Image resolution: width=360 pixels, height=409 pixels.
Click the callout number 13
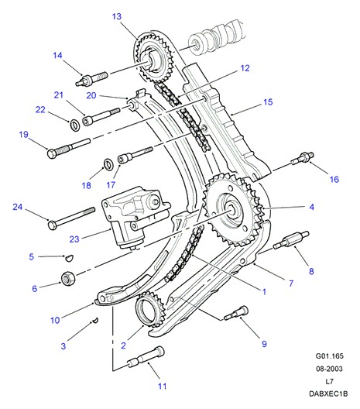[117, 16]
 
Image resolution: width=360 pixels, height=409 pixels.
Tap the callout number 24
[18, 207]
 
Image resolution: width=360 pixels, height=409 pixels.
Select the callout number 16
[334, 180]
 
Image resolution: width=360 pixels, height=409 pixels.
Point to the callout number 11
[162, 386]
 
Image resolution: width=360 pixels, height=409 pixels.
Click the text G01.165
[330, 356]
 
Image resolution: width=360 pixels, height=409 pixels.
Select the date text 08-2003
[329, 369]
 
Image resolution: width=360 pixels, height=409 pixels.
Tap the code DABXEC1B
[328, 394]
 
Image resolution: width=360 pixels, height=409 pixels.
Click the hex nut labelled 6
[68, 278]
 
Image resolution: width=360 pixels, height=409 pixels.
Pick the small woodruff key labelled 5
[69, 258]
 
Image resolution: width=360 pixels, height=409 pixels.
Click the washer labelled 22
[75, 125]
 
